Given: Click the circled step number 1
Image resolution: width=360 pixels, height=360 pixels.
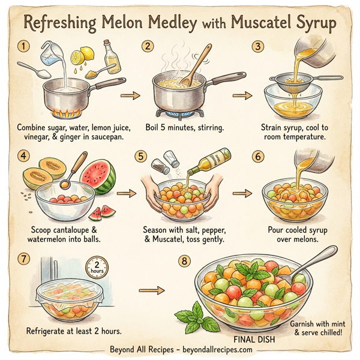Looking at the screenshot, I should (x=23, y=46).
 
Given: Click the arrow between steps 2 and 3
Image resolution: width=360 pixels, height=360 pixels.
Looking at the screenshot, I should (x=242, y=95).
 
